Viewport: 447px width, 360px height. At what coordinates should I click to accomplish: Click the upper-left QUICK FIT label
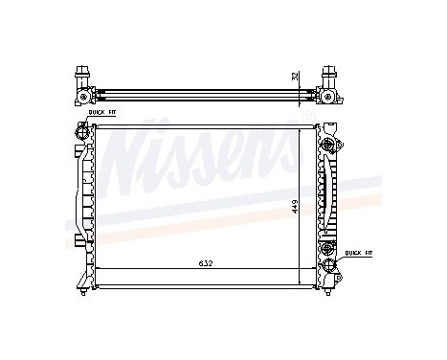tap(102, 113)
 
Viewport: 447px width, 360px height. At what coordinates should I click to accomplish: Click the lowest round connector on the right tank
tap(330, 266)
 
